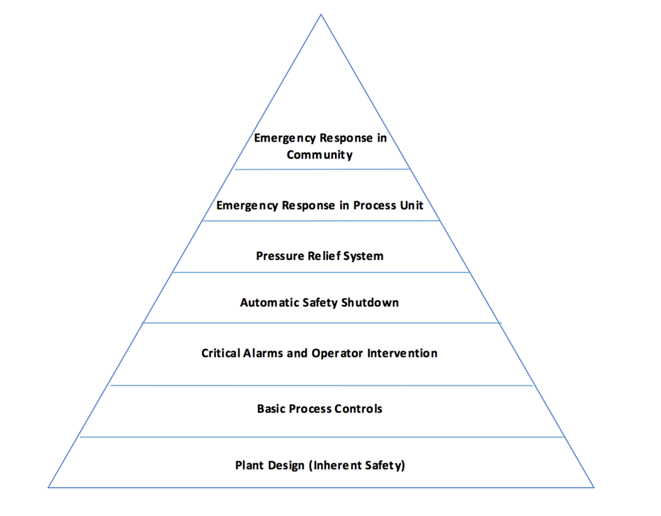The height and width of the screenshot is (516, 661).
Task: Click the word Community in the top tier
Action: click(320, 154)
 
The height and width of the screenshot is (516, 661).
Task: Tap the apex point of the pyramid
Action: click(320, 14)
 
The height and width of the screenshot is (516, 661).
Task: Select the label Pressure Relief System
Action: click(320, 256)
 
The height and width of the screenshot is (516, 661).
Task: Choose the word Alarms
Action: click(264, 353)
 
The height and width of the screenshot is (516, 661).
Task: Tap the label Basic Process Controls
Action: click(320, 409)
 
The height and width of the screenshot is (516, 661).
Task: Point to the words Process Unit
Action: click(388, 205)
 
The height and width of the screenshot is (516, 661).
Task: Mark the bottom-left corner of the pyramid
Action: click(48, 487)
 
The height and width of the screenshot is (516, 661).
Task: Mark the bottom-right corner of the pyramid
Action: click(594, 487)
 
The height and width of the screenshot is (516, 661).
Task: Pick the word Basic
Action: click(271, 409)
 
